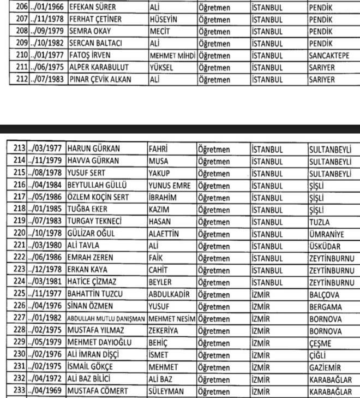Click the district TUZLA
[319, 221]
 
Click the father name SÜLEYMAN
[167, 391]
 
